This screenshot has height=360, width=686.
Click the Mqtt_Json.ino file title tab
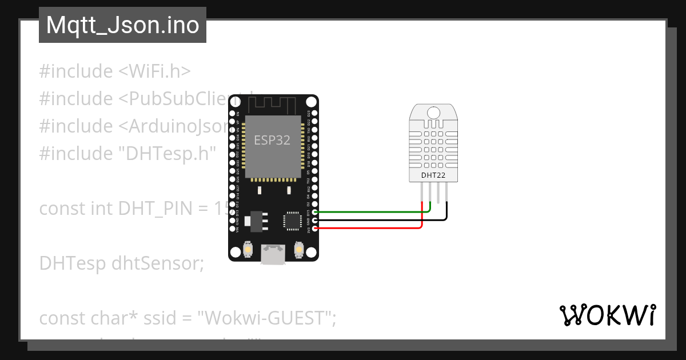[122, 26]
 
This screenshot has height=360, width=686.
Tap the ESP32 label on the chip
[272, 140]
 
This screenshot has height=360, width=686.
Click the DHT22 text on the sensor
[433, 175]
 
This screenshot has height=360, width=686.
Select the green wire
[372, 212]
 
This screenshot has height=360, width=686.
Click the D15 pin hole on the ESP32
[314, 212]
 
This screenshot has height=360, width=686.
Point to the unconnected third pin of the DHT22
[438, 193]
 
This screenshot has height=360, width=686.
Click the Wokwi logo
[607, 315]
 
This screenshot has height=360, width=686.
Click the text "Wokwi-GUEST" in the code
[266, 318]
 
